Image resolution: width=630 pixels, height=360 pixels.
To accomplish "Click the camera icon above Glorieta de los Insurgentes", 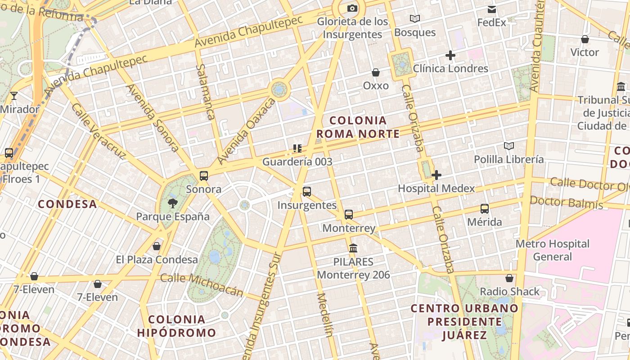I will [352, 8].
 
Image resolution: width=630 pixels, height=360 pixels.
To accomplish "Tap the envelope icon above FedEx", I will [491, 9].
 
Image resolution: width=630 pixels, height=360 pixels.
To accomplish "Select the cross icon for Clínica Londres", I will [450, 55].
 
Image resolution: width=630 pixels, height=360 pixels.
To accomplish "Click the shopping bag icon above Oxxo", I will [376, 72].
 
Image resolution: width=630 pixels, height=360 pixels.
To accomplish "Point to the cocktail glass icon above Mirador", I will [14, 96].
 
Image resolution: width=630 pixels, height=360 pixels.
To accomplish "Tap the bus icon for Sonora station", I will [204, 175].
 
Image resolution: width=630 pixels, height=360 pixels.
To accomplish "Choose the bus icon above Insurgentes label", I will [307, 192].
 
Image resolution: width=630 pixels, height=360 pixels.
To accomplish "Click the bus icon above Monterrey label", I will [349, 215].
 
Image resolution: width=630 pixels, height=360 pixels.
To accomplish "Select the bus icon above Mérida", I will [485, 209].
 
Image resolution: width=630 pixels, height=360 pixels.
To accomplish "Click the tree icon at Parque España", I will [172, 203].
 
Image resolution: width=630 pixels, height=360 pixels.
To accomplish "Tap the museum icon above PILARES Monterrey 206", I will [353, 248].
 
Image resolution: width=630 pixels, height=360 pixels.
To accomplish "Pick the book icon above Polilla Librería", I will [509, 146].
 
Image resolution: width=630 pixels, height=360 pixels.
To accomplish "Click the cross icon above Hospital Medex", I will [436, 175].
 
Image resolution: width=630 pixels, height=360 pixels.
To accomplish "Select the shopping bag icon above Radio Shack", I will [509, 278].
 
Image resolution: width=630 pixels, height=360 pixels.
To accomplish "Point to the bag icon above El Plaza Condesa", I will [157, 246].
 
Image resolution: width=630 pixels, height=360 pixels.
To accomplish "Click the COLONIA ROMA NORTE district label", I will [358, 127].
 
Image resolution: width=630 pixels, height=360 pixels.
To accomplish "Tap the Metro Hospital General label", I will [552, 250].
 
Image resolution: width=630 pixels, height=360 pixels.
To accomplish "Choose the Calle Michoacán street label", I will [202, 285].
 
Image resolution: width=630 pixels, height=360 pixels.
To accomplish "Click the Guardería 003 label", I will [297, 162].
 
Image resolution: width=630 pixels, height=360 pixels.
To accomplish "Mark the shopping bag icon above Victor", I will [585, 39].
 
